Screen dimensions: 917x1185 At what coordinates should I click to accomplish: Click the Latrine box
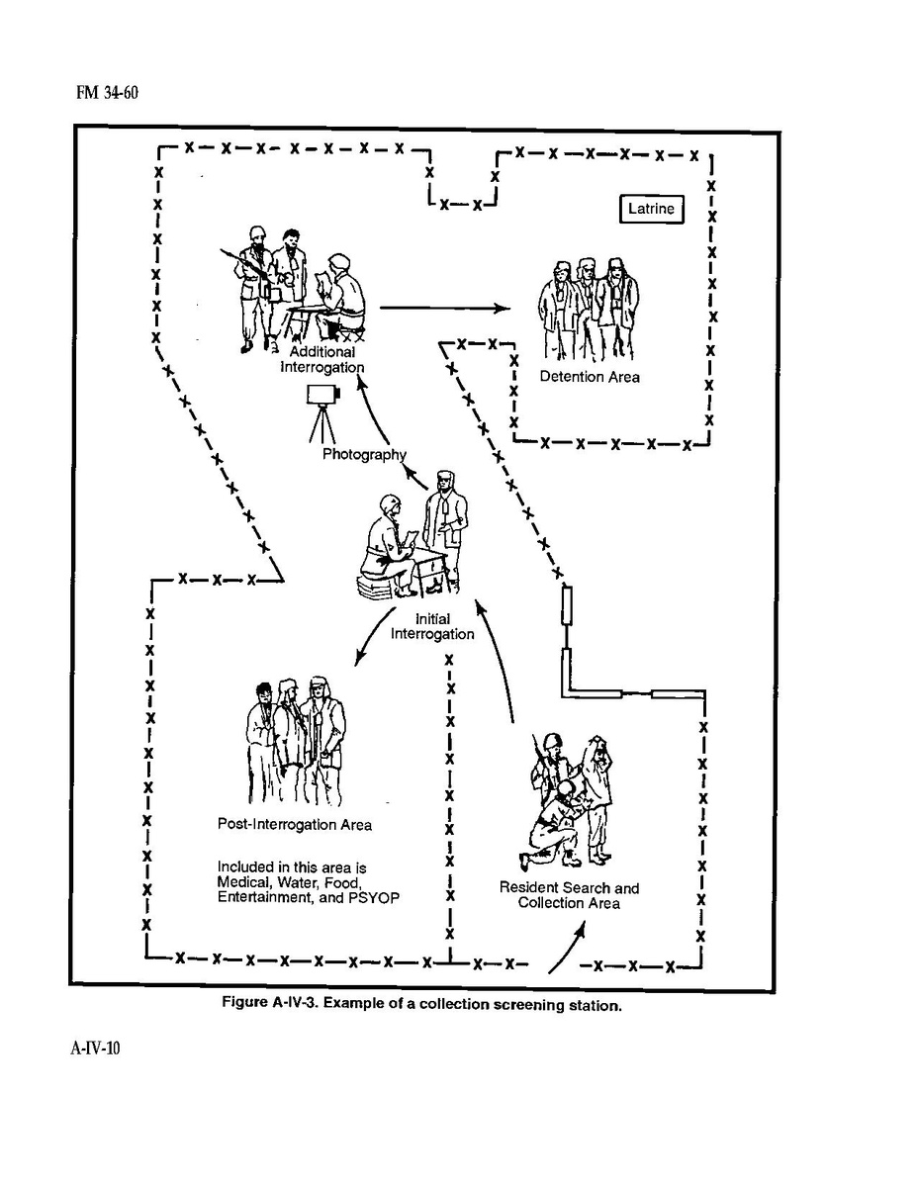(651, 209)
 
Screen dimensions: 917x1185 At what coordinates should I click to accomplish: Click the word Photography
(364, 454)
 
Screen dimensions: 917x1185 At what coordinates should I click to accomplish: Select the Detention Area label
(590, 376)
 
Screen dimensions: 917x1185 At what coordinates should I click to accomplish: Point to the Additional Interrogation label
(322, 360)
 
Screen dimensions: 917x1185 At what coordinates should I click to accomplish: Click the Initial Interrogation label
(432, 626)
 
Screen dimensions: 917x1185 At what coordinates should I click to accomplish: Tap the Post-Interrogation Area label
(295, 825)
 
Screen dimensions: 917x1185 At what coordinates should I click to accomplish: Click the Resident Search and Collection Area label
(569, 895)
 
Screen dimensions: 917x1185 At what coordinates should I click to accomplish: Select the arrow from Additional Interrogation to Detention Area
(444, 308)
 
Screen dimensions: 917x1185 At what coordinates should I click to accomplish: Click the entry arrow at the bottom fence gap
(566, 950)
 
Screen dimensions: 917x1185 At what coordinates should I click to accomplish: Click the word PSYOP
(374, 898)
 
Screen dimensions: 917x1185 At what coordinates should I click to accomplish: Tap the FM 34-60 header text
(108, 93)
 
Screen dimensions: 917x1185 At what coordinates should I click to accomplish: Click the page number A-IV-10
(95, 1048)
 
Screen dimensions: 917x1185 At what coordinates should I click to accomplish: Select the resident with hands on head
(597, 800)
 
